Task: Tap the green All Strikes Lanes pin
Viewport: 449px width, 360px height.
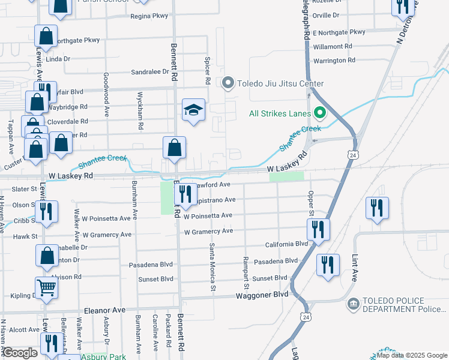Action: click(x=319, y=113)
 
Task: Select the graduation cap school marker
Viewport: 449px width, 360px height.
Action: click(x=193, y=110)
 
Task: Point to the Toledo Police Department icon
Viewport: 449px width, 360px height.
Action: click(x=353, y=304)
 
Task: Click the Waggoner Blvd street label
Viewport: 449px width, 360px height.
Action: click(x=265, y=295)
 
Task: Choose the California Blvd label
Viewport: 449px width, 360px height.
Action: click(x=286, y=244)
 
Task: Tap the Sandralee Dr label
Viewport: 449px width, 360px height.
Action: click(x=149, y=71)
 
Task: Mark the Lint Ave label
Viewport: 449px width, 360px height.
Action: click(x=354, y=267)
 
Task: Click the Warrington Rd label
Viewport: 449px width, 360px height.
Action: click(x=334, y=61)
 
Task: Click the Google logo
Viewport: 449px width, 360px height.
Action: click(x=20, y=352)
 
